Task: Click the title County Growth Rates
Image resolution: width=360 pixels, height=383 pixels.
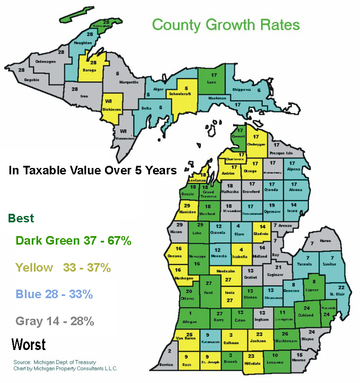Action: (226, 24)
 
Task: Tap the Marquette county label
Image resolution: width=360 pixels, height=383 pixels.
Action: (128, 82)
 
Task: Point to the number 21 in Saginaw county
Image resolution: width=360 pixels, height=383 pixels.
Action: (278, 267)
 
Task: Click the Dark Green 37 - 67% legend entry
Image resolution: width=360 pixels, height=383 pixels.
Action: (73, 241)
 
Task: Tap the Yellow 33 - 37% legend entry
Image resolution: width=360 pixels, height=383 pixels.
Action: (63, 268)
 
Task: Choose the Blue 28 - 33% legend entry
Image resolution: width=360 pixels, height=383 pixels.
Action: (54, 295)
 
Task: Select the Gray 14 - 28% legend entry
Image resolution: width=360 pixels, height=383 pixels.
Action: (55, 321)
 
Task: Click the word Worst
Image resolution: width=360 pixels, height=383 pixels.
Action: (29, 344)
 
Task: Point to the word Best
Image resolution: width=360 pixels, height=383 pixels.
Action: (21, 218)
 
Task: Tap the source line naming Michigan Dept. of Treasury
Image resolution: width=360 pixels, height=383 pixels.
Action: (54, 362)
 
